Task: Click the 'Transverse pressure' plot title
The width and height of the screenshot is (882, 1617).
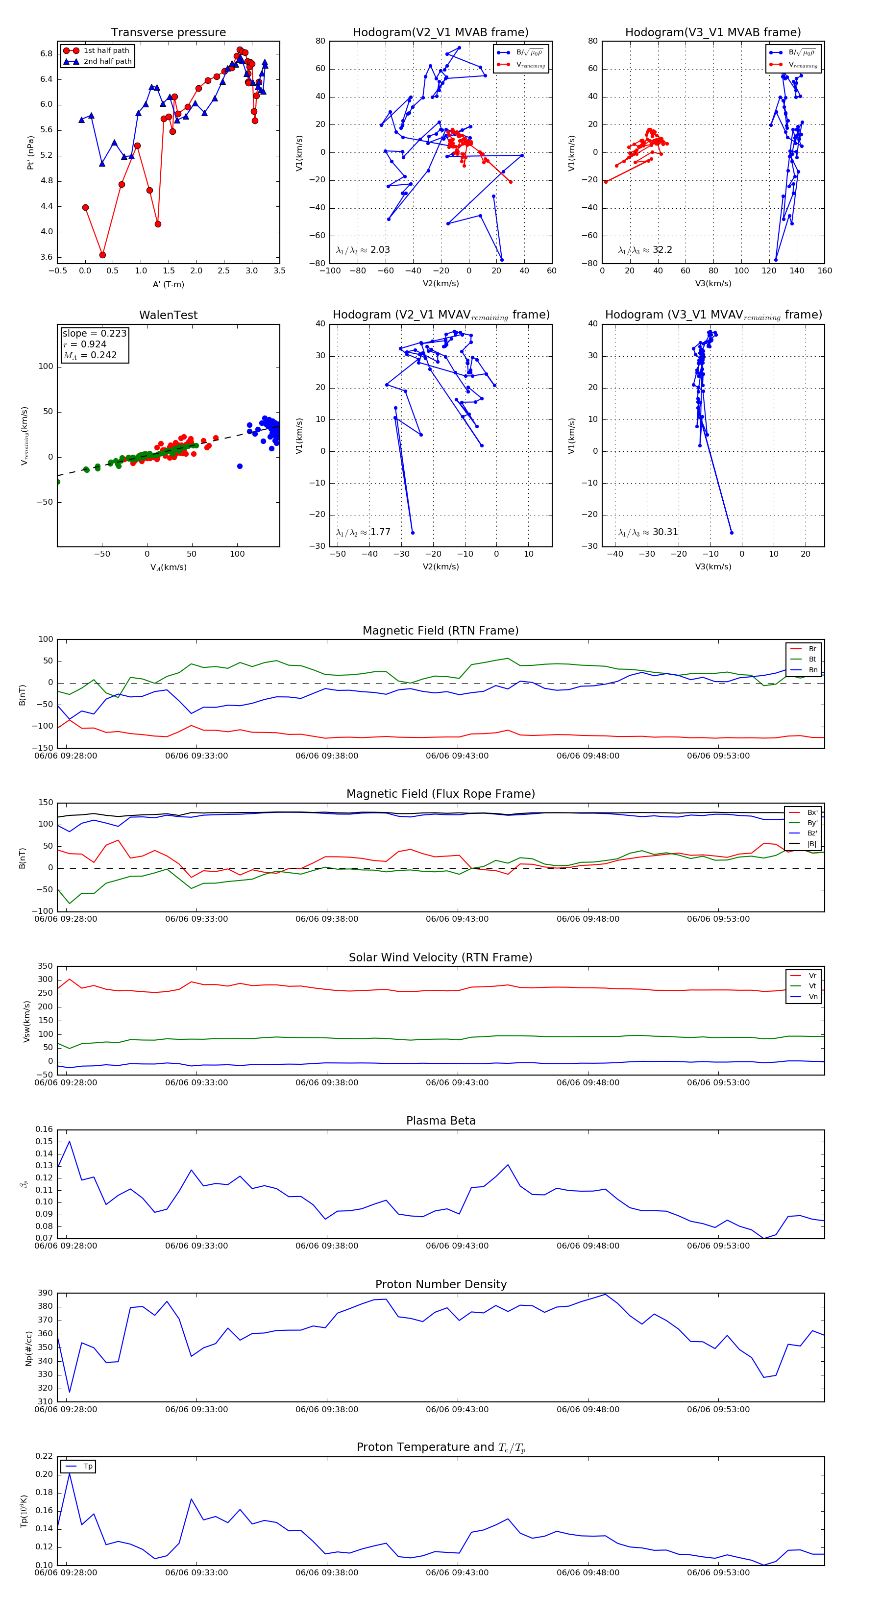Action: [x=168, y=33]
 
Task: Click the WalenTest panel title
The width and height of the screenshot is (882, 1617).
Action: [x=168, y=315]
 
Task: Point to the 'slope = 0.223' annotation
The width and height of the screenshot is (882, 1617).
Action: [x=94, y=333]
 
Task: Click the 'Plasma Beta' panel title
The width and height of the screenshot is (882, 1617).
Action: [x=441, y=1121]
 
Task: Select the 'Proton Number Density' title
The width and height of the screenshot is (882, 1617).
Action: [x=441, y=1284]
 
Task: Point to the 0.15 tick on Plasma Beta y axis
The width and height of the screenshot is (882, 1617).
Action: [x=45, y=1142]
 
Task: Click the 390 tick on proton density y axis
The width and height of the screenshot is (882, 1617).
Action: [x=45, y=1293]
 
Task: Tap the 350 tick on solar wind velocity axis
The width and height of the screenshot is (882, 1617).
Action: [x=45, y=966]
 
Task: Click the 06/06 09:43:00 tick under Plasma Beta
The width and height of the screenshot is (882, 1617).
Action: [x=457, y=1246]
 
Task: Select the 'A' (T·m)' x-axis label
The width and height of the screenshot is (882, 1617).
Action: [x=168, y=284]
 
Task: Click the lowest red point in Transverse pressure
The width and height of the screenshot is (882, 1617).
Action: [x=102, y=255]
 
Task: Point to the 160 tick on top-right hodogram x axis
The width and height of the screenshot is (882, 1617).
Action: [x=824, y=271]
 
